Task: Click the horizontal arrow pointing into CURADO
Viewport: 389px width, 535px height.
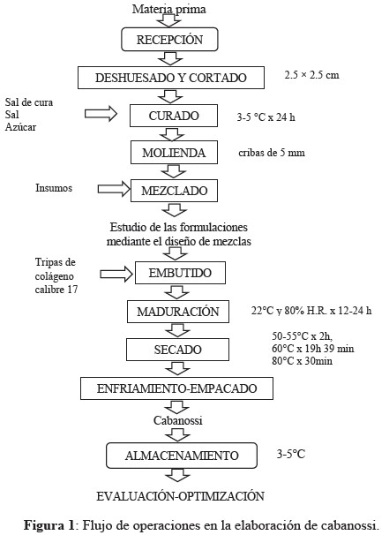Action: [x=101, y=113]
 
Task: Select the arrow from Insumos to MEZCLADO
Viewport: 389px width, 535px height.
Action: [x=114, y=189]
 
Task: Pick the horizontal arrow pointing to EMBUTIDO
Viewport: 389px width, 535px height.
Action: [x=116, y=274]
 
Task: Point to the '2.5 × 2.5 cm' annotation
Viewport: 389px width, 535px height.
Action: [x=312, y=75]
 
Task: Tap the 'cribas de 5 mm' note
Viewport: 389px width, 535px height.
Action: [x=272, y=152]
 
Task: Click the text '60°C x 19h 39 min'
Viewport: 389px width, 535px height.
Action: [x=313, y=349]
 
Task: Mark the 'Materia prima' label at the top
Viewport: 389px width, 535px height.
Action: [x=169, y=9]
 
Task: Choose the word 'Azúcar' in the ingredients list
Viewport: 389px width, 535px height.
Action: [x=20, y=126]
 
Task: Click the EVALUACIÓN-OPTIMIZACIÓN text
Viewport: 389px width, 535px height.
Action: [x=180, y=496]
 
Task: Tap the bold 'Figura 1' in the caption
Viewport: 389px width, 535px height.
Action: [x=49, y=524]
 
